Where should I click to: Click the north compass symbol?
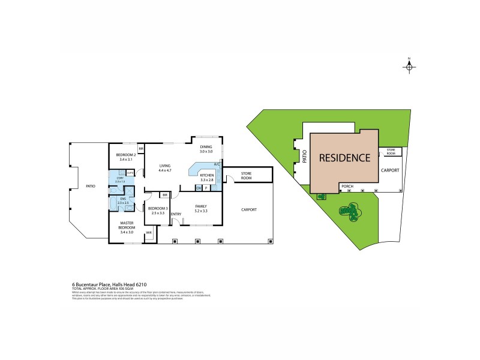coord(409,67)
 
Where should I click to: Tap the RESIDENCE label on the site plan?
coord(344,158)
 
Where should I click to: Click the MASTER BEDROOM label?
coord(127,226)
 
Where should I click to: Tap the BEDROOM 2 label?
coord(127,157)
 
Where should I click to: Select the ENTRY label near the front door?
coord(176,214)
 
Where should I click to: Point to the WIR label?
coord(148,233)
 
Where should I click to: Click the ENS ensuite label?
coord(123,200)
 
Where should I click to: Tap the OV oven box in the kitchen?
coord(199,188)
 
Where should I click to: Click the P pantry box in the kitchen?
coord(206,188)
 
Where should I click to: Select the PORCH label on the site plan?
coord(347,187)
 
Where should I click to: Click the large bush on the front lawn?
coord(349,211)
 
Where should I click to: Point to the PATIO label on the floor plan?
coord(90,186)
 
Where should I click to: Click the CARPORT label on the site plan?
coord(390,170)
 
